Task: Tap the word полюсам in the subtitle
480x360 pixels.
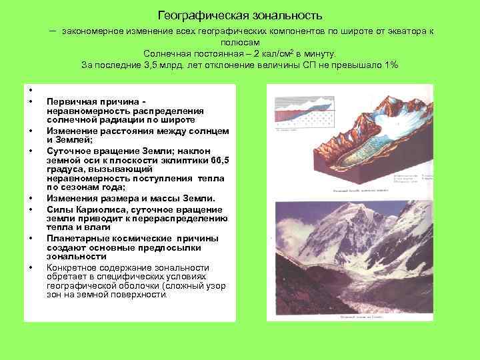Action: (240, 42)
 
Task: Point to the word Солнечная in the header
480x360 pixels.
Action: (167, 53)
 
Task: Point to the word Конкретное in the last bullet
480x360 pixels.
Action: (74, 267)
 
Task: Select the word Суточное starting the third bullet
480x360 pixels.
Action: (67, 151)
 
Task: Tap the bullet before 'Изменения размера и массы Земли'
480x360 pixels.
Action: (31, 199)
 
